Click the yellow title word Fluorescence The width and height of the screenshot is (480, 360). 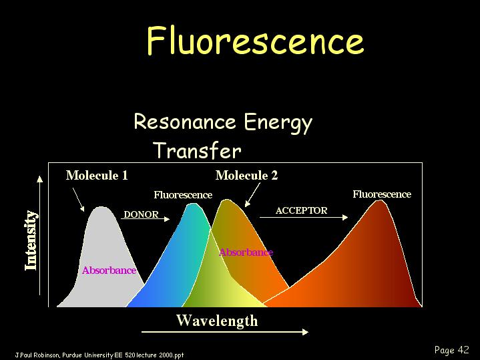point(255,41)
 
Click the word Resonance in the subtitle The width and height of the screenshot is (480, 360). point(185,122)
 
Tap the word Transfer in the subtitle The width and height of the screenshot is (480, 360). point(198,150)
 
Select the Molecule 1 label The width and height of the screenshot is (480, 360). point(97,176)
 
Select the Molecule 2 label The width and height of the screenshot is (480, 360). point(246,176)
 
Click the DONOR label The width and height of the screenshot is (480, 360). point(141,214)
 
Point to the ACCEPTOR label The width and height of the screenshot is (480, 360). point(302,210)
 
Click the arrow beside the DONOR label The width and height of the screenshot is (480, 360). point(145,219)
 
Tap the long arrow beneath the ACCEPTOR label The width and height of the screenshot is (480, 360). point(304,217)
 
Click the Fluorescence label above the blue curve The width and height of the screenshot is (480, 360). point(183,195)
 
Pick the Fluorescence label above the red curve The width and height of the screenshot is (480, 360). point(382,194)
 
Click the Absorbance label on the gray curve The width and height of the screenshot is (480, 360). point(109,271)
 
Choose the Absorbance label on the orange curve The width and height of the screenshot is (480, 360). point(246,252)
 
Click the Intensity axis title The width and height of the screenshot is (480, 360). point(31,240)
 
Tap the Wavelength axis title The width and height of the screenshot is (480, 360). point(217,321)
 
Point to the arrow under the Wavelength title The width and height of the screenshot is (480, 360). point(225,332)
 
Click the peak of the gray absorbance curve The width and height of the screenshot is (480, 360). point(101,207)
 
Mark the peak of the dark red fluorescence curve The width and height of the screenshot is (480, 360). point(380,201)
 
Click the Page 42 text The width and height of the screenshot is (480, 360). point(451,350)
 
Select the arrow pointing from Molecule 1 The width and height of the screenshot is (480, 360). point(78,200)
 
